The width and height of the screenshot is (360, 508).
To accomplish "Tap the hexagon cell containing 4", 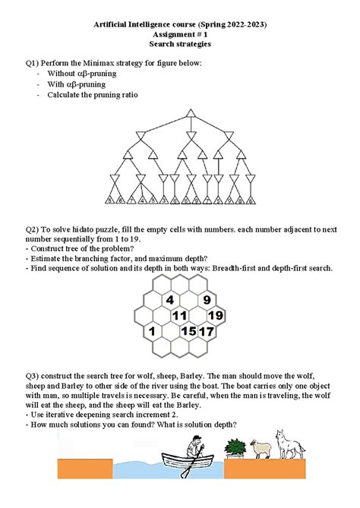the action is point(169,299).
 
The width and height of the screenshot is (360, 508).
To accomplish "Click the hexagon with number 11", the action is point(180,315).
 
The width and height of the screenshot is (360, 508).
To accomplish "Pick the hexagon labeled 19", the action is point(215,315).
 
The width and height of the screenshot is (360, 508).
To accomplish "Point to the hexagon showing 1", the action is point(152,331).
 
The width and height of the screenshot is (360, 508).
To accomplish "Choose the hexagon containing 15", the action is point(189,331).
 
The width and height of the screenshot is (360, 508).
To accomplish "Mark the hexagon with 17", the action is point(207,331).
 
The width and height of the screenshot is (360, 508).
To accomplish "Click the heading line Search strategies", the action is point(180,45).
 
